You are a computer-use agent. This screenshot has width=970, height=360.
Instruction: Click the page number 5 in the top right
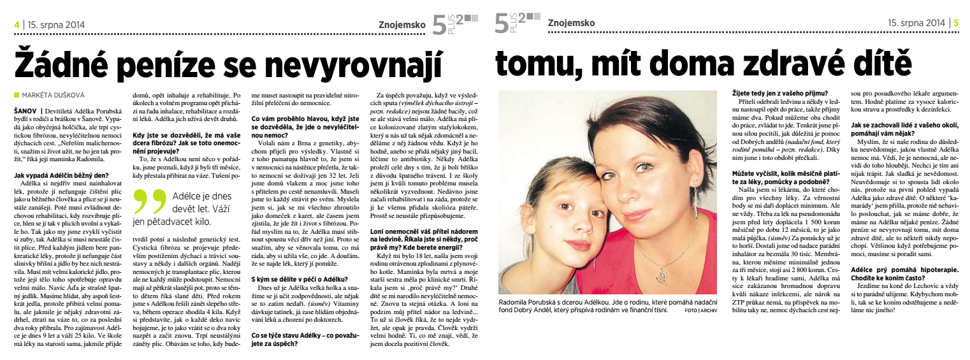coord(956,23)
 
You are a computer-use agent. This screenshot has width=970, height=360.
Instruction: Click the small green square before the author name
coord(17,95)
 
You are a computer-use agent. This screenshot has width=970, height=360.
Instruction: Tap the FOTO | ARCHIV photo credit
coord(701,311)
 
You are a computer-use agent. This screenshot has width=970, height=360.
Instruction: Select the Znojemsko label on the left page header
coord(401,23)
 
